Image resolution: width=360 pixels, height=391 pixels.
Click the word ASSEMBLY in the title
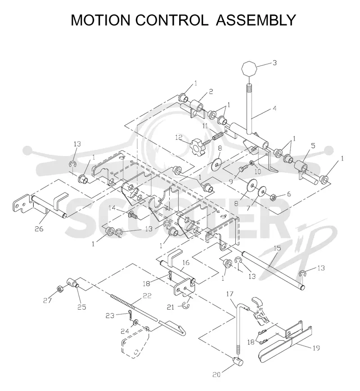(256, 20)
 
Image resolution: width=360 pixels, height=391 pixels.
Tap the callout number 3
(274, 63)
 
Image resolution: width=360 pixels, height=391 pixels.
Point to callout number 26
(39, 229)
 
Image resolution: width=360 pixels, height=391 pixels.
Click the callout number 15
(277, 248)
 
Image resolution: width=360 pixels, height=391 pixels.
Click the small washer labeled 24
(135, 323)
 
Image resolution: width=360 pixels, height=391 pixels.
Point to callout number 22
(147, 296)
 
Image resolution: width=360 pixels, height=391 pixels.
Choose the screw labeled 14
(131, 215)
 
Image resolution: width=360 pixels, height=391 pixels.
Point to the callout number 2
(211, 91)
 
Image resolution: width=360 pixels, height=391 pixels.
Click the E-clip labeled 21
(185, 306)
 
